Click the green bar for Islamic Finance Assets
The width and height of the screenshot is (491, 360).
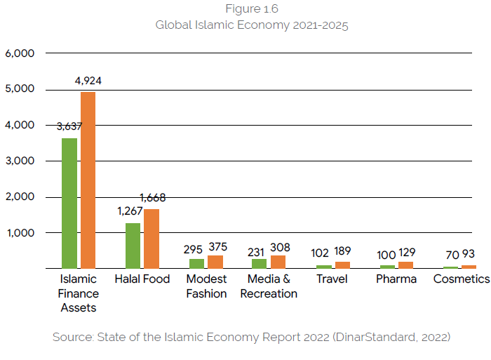[x=69, y=203]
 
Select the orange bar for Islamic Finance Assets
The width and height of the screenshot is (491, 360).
[x=88, y=180]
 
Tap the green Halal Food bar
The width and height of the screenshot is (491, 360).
[x=133, y=246]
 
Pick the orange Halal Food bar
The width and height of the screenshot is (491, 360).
[x=152, y=239]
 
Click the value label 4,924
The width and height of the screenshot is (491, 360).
[x=88, y=81]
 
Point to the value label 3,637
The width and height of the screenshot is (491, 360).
[x=69, y=126]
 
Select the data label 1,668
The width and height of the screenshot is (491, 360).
[x=152, y=198]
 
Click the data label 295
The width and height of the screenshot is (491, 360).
[x=193, y=249]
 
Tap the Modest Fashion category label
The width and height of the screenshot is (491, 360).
[x=206, y=286]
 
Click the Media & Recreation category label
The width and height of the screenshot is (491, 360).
[x=269, y=286]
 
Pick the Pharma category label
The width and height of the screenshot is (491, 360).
[x=396, y=279]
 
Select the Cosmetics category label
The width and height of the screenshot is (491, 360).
[x=461, y=279]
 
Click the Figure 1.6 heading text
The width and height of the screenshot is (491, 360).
[x=252, y=9]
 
